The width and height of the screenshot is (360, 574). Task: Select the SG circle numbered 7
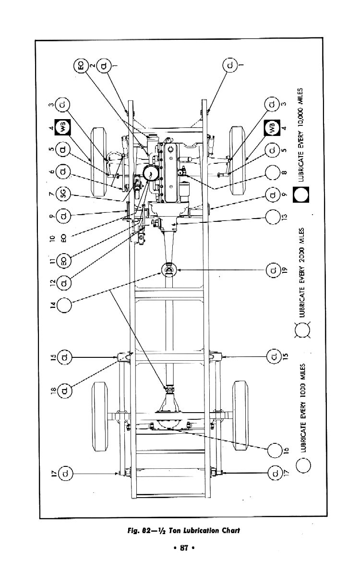point(64,195)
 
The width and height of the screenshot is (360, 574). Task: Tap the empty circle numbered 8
point(272,172)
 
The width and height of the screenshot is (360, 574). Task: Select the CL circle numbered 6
point(64,171)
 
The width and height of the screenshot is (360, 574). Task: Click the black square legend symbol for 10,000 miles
point(302,195)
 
